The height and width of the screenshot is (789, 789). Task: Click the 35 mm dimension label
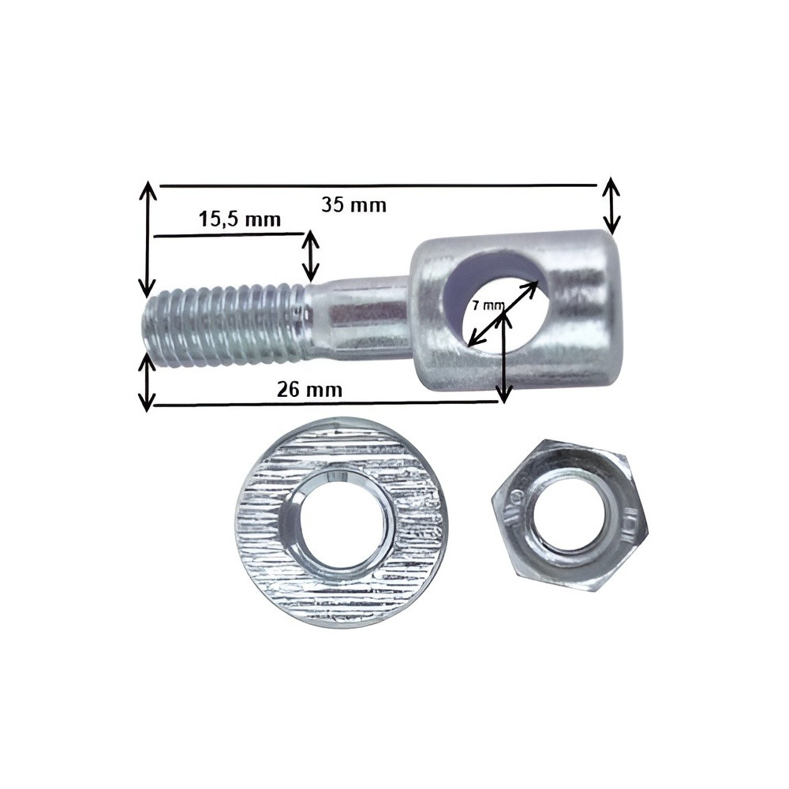pos(353,205)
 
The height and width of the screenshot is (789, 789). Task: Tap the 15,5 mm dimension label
pos(240,219)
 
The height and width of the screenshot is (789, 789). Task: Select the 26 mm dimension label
pos(309,390)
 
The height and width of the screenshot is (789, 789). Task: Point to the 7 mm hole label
pos(488,305)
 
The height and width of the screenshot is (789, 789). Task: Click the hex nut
pos(570,515)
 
